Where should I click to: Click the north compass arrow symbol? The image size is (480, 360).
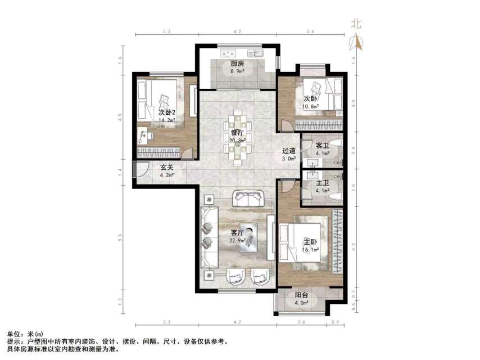point(356,42)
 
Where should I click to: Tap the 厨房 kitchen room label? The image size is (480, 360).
point(237,64)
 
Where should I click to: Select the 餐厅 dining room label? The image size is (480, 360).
point(237,133)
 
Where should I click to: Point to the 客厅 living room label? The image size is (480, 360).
point(237,232)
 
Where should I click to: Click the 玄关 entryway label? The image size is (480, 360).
point(166,167)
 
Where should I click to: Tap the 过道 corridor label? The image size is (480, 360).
point(289,151)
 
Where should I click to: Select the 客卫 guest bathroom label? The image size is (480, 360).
point(322,145)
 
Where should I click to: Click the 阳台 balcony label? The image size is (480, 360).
point(302,295)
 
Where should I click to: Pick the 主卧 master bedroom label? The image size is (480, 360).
point(311,242)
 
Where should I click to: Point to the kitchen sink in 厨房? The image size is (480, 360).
point(259,54)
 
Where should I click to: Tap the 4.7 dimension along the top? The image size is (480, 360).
point(237,32)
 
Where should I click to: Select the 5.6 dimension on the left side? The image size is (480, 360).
point(120,238)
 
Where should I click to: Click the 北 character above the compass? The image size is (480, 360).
point(356,24)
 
